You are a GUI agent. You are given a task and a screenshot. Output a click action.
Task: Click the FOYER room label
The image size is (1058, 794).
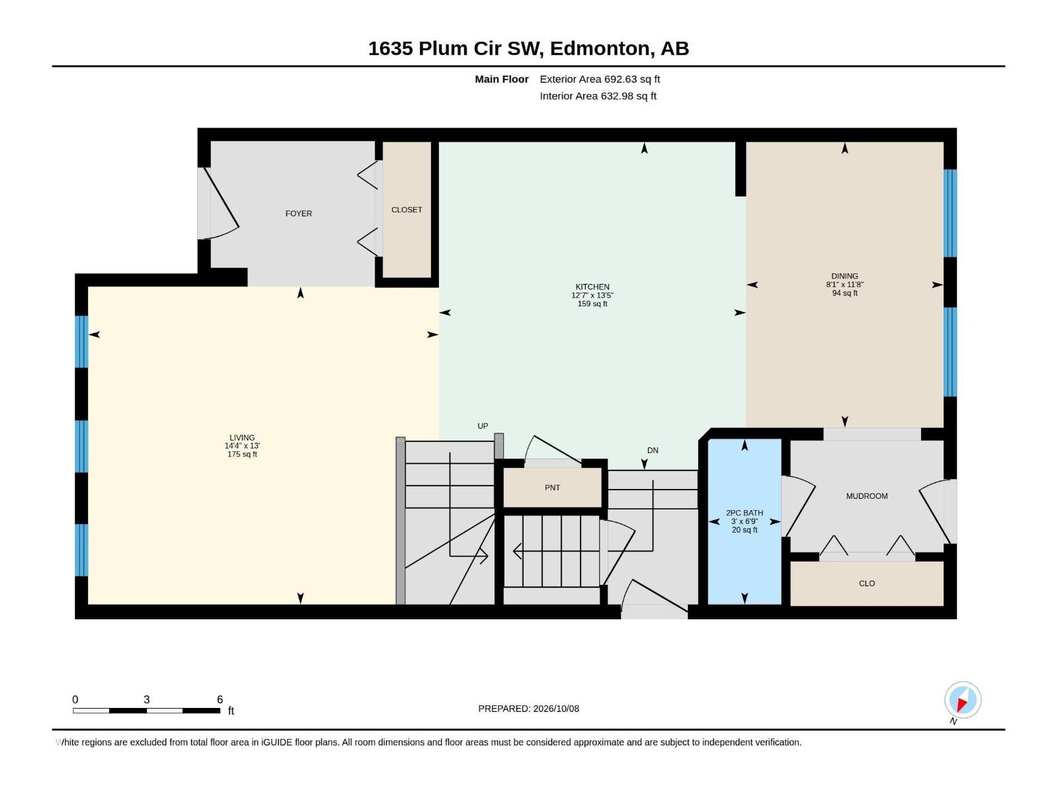click(x=298, y=214)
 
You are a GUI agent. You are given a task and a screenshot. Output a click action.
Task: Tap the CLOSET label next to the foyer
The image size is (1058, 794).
click(x=406, y=210)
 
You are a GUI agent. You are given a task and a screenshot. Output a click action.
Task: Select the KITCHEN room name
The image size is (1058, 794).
click(x=592, y=287)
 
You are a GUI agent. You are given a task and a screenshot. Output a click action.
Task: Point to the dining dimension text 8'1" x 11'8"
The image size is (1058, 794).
click(x=844, y=285)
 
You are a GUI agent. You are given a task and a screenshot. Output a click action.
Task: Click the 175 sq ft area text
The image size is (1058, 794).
click(x=242, y=454)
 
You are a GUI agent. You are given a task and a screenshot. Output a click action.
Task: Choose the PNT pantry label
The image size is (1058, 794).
click(x=552, y=488)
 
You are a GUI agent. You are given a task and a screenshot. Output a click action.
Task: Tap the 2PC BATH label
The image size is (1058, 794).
click(x=744, y=513)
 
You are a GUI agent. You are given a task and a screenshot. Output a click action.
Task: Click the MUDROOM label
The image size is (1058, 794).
click(x=867, y=496)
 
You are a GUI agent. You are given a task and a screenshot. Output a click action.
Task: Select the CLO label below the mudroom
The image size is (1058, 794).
click(x=867, y=584)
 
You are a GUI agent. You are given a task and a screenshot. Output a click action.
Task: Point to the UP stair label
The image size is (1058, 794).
click(x=483, y=426)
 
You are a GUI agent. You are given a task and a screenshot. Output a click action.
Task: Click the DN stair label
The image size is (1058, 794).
click(x=652, y=451)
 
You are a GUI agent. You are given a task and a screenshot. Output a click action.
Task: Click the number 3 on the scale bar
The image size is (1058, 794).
click(x=147, y=699)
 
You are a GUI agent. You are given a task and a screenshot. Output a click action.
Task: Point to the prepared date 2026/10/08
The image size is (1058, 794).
click(x=555, y=709)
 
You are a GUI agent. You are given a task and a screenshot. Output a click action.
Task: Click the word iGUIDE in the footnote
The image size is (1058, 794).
click(x=276, y=742)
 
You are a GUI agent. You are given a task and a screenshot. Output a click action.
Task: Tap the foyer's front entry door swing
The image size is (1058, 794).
click(x=219, y=203)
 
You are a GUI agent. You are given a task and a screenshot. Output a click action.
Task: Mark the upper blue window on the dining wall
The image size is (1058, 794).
click(x=950, y=213)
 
